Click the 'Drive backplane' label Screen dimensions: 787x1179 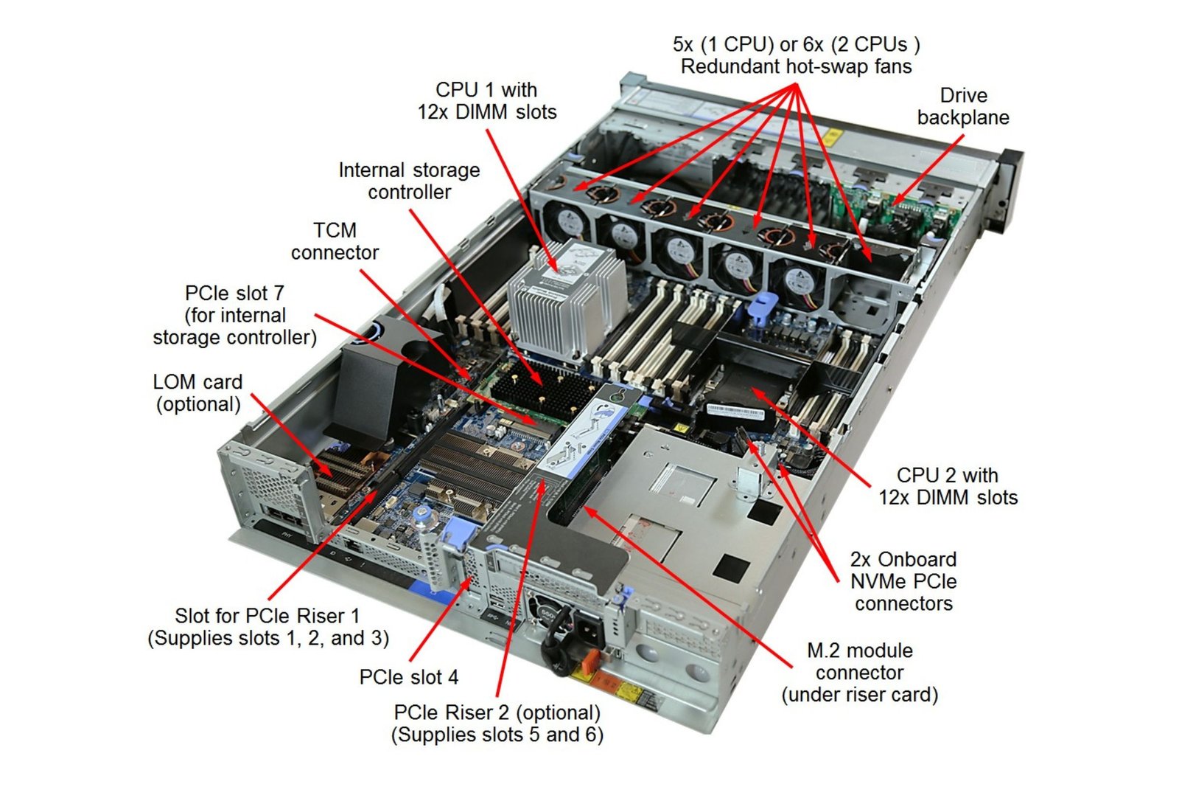[x=962, y=107]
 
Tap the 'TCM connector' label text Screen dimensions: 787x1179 [x=335, y=241]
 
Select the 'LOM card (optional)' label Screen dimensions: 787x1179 [x=197, y=392]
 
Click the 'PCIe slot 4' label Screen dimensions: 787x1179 [x=408, y=676]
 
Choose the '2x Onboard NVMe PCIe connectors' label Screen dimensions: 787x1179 [x=903, y=581]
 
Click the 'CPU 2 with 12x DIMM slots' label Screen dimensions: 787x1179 [x=948, y=486]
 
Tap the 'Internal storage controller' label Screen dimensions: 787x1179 [x=409, y=181]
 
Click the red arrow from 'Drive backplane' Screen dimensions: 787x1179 [x=928, y=170]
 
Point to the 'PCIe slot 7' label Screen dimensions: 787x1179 [x=234, y=315]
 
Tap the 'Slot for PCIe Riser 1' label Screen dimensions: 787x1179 [x=267, y=627]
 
